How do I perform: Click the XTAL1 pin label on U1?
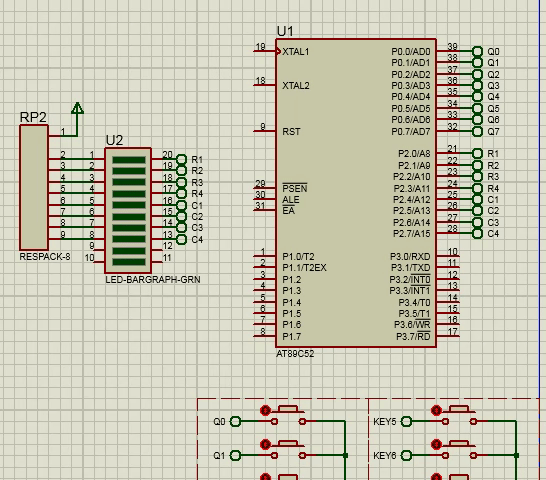296,52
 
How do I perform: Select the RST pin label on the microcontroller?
291,132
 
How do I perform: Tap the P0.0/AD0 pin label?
411,52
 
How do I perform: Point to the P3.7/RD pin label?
413,336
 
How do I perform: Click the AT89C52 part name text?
295,354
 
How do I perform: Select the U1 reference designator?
285,31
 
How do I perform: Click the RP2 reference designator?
33,117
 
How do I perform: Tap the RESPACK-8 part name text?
45,257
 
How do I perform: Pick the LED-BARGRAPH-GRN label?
153,280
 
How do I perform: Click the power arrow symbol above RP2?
77,108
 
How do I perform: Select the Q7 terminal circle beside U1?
477,132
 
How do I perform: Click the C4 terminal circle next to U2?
181,240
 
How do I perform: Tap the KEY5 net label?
385,422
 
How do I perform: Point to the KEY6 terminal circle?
406,455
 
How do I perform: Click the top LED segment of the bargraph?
129,160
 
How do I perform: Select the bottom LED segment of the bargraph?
129,262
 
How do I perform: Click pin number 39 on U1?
452,46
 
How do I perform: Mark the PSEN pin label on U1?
295,188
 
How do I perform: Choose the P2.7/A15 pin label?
412,234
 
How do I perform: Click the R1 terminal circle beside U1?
477,153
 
